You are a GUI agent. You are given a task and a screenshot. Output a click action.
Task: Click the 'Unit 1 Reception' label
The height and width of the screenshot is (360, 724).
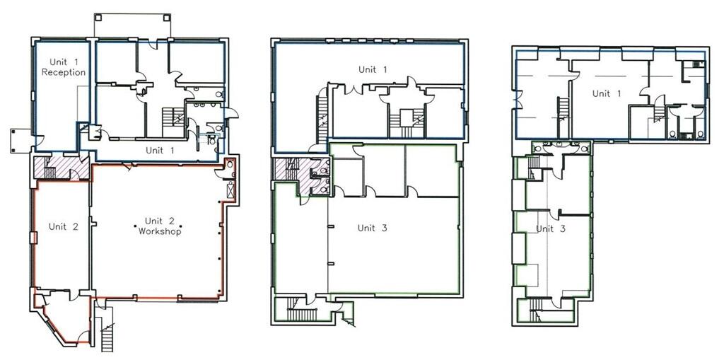(63, 67)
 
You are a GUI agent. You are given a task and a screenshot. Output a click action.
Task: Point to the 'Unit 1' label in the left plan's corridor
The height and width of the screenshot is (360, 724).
(160, 150)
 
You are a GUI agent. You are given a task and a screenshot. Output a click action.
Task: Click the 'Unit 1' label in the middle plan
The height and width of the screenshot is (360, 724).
(373, 69)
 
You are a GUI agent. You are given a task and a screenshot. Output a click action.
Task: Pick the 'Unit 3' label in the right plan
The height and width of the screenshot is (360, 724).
(550, 228)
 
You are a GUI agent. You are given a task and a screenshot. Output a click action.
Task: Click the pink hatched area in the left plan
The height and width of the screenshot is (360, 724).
(62, 170)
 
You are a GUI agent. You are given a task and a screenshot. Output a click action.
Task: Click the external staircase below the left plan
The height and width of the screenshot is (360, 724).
(107, 331)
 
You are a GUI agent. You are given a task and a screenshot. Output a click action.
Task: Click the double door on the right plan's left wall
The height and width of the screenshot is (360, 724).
(518, 99)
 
